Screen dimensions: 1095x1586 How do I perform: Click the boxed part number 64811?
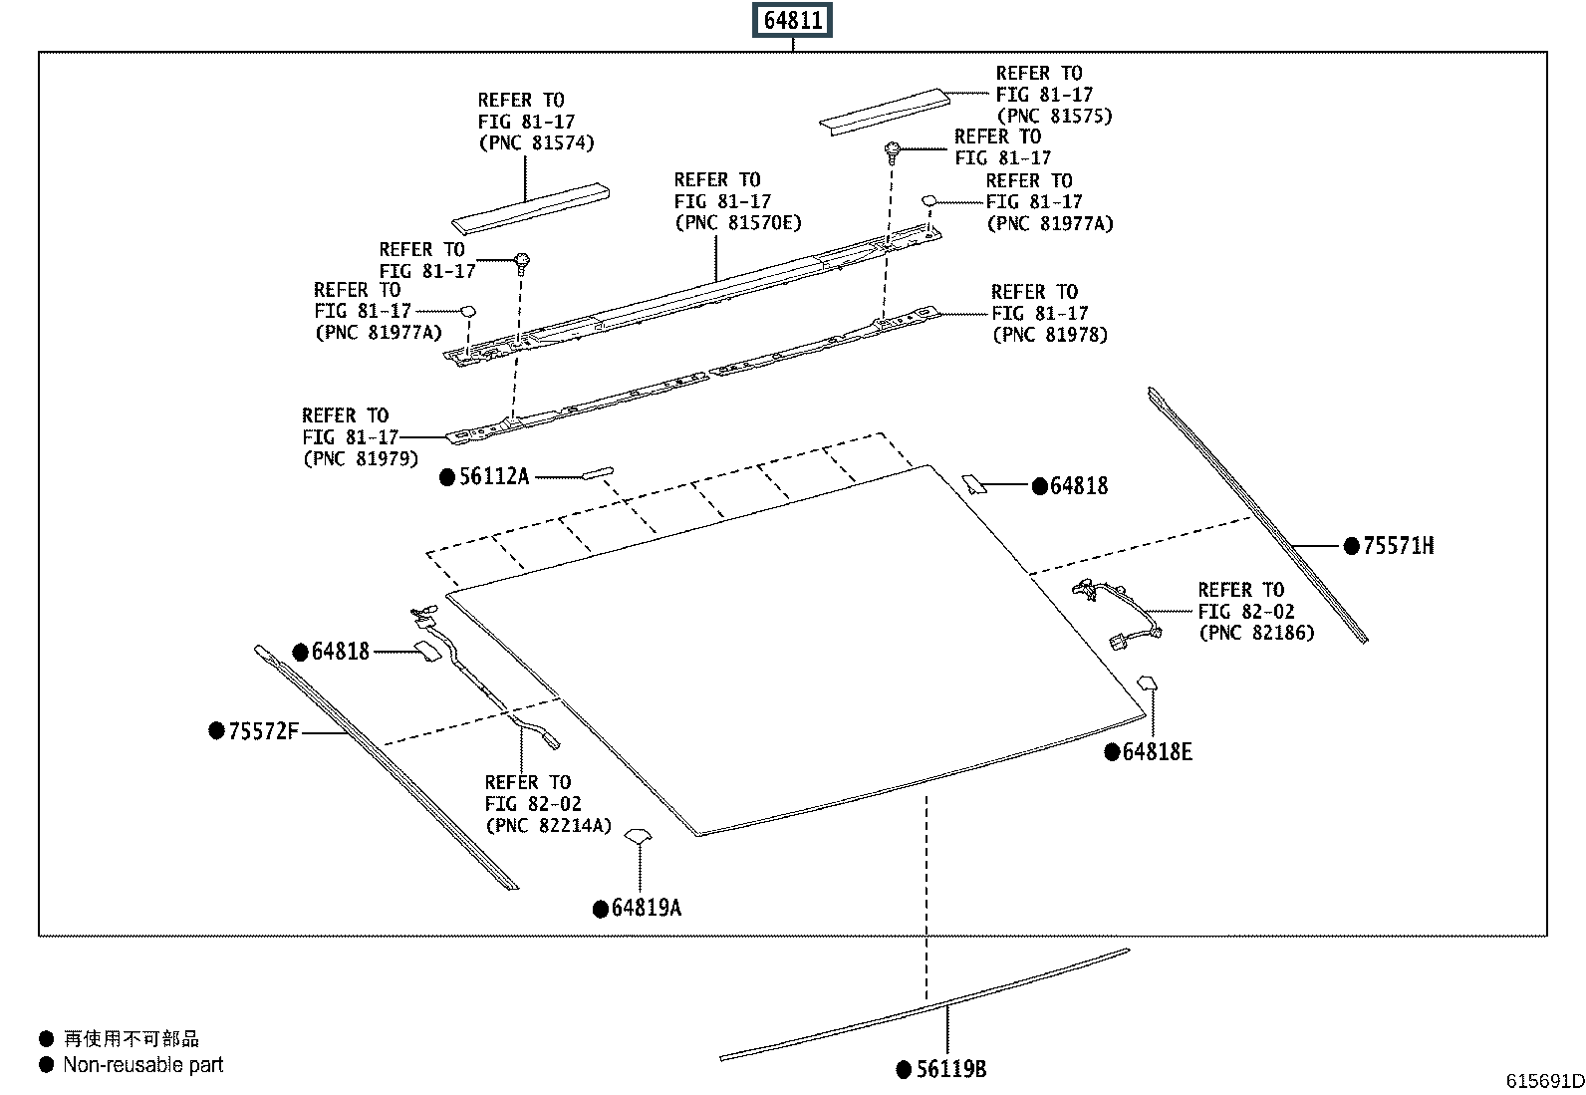(793, 20)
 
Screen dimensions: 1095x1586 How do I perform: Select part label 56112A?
(493, 476)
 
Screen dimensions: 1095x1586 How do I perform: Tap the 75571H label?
(1398, 546)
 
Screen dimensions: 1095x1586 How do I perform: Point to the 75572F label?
(263, 731)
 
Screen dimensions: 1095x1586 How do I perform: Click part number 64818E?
(1157, 752)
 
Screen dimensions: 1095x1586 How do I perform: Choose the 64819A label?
(646, 908)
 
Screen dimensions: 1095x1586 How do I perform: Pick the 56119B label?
(950, 1069)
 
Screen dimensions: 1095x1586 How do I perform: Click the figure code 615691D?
(1544, 1081)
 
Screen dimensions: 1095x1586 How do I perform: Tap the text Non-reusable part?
(142, 1065)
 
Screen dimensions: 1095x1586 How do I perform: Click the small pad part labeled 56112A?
(598, 472)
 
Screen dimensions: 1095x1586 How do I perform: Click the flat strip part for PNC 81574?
(530, 207)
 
